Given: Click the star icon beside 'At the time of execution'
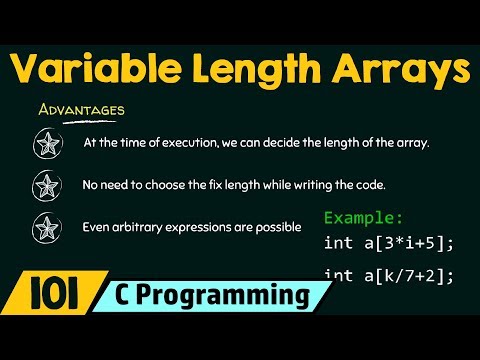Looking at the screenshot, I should coord(46,143).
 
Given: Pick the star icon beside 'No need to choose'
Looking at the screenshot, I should coord(46,185).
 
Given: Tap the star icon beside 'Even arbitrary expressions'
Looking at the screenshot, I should coord(46,227).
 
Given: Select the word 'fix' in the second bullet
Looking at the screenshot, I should coord(210,185).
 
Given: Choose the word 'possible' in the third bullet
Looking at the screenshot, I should coord(279,227).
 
